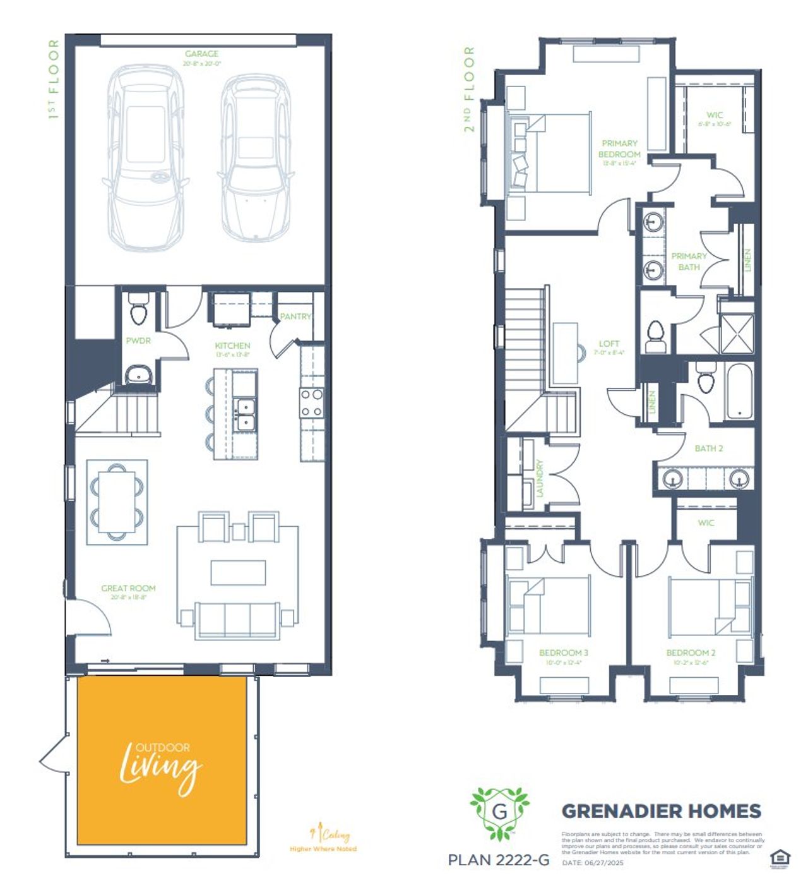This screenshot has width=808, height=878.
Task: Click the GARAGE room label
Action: tap(201, 54)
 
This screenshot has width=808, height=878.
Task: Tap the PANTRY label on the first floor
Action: tap(295, 316)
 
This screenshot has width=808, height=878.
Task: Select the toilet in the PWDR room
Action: tap(137, 310)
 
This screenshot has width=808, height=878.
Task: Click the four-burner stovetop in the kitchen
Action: tap(312, 403)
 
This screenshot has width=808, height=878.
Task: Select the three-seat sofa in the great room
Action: tap(237, 620)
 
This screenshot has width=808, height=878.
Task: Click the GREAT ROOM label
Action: tap(128, 588)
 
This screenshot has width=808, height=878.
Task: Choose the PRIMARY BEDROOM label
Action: tap(619, 149)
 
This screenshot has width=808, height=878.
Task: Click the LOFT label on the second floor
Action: tap(609, 344)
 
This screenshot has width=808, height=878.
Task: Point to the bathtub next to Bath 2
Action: tap(739, 391)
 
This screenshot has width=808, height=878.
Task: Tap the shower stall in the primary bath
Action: tap(737, 333)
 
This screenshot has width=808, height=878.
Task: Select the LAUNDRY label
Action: tap(540, 478)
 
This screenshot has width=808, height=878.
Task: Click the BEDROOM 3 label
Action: tap(564, 652)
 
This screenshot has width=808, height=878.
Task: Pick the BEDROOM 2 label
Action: tap(691, 652)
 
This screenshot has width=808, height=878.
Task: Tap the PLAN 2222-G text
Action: tap(498, 860)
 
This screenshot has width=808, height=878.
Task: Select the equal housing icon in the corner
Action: tap(780, 858)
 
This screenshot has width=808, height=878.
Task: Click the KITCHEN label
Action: tap(232, 346)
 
